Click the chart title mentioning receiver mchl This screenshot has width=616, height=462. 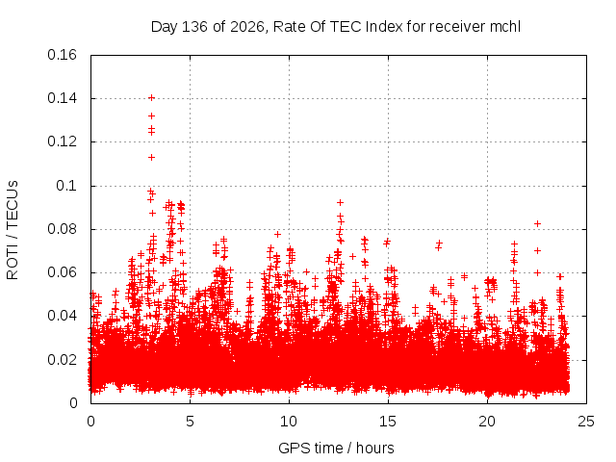pyautogui.click(x=336, y=27)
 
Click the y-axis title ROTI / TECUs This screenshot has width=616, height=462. pyautogui.click(x=13, y=230)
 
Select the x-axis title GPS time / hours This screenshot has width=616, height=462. pyautogui.click(x=336, y=448)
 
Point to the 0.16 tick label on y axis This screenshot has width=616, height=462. pyautogui.click(x=62, y=55)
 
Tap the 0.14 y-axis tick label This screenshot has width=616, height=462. pyautogui.click(x=62, y=98)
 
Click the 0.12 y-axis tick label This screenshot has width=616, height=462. pyautogui.click(x=62, y=141)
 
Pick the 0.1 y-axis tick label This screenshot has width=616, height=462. pyautogui.click(x=66, y=186)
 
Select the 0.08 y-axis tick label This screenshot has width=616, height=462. pyautogui.click(x=62, y=229)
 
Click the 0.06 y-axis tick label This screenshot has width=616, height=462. pyautogui.click(x=62, y=272)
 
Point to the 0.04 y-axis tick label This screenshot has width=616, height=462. pyautogui.click(x=62, y=316)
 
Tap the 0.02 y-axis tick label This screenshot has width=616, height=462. pyautogui.click(x=62, y=359)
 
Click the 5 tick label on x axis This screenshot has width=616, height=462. pyautogui.click(x=191, y=422)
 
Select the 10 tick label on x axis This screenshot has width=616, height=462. pyautogui.click(x=289, y=422)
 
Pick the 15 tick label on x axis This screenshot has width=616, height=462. pyautogui.click(x=388, y=422)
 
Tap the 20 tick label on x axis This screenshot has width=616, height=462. pyautogui.click(x=487, y=422)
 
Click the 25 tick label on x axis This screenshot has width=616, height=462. pyautogui.click(x=586, y=422)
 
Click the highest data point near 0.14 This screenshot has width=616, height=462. pyautogui.click(x=151, y=98)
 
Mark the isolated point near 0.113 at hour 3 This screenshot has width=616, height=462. pyautogui.click(x=151, y=158)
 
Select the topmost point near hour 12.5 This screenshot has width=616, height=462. pyautogui.click(x=340, y=203)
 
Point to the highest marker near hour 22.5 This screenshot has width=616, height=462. pyautogui.click(x=537, y=223)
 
